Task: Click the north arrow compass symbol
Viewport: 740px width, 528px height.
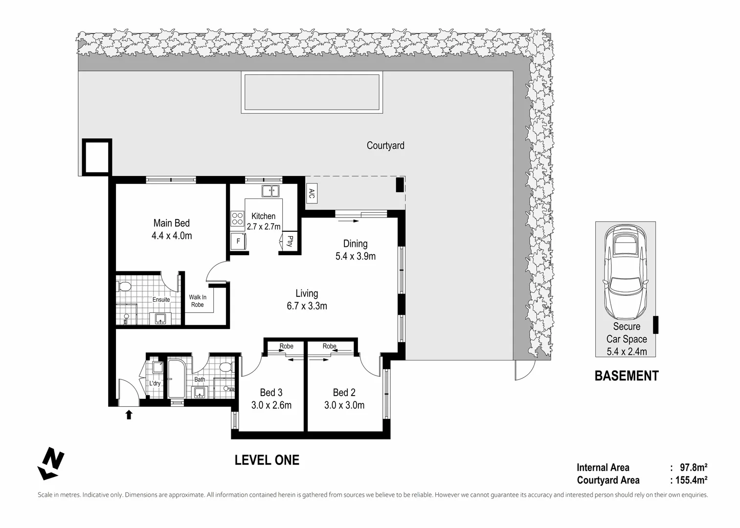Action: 50,463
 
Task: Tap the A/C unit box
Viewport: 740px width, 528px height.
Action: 312,193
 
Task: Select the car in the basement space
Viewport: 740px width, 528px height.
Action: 626,272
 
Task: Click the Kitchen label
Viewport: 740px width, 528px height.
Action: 263,216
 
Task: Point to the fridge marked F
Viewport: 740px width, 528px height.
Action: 238,242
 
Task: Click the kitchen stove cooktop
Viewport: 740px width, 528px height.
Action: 237,218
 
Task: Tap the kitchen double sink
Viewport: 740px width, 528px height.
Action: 270,191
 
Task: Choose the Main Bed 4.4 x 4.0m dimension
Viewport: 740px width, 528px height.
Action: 172,236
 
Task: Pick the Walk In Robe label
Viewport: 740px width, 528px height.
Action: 198,301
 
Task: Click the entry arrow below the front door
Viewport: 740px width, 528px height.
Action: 129,415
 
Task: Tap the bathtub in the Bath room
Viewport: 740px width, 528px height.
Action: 177,379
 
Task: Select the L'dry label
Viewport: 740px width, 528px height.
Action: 155,383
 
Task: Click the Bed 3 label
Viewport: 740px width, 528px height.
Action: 271,392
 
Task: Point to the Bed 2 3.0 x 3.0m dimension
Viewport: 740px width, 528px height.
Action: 344,405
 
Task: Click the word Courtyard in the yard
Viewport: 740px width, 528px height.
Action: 385,146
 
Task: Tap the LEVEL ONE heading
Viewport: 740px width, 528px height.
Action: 267,461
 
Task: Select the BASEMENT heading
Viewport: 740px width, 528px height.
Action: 627,376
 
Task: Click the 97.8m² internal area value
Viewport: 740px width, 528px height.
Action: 694,467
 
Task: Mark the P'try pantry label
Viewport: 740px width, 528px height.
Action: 290,241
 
